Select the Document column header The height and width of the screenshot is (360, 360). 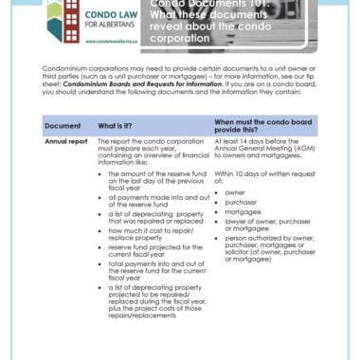(x=63, y=125)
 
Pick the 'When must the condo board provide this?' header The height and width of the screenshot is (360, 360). (x=259, y=125)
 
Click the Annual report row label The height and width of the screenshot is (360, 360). (x=66, y=141)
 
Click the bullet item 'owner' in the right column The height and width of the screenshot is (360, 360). (x=235, y=191)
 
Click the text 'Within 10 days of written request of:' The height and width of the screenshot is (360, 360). (x=263, y=174)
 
